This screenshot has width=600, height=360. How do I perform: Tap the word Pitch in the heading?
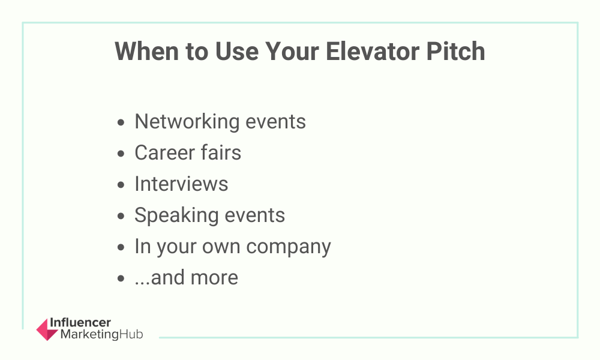pyautogui.click(x=456, y=51)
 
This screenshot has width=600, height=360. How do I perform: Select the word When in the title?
pyautogui.click(x=147, y=51)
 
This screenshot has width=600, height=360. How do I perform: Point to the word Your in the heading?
pyautogui.click(x=292, y=51)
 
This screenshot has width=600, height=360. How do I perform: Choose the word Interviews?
pyautogui.click(x=181, y=184)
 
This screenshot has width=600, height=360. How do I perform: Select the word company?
pyautogui.click(x=289, y=247)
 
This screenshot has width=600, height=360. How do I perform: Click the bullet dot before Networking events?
pyautogui.click(x=121, y=122)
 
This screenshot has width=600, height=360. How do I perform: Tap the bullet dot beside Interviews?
pyautogui.click(x=121, y=185)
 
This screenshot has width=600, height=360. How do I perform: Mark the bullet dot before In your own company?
pyautogui.click(x=121, y=247)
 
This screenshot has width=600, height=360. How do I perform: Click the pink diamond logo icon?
pyautogui.click(x=47, y=329)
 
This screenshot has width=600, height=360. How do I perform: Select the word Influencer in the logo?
pyautogui.click(x=80, y=323)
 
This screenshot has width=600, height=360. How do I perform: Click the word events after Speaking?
pyautogui.click(x=255, y=215)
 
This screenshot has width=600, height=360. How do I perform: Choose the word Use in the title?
pyautogui.click(x=237, y=51)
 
